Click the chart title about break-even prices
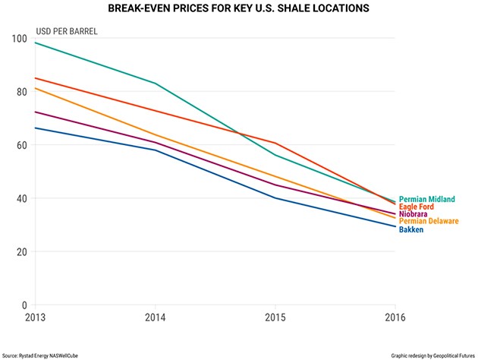click(x=240, y=9)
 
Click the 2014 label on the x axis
click(x=155, y=317)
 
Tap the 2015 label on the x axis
click(x=275, y=317)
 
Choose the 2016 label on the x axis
click(x=394, y=317)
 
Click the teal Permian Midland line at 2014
click(x=155, y=84)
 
